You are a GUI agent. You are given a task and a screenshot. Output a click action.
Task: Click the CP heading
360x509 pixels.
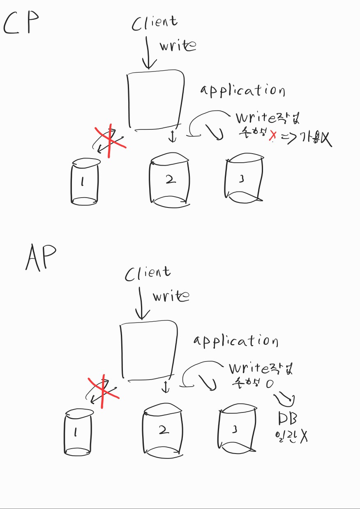[x=21, y=24]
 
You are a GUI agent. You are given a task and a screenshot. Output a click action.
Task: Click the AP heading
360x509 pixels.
[x=41, y=258]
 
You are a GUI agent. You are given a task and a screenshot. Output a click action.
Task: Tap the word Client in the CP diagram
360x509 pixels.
[x=155, y=23]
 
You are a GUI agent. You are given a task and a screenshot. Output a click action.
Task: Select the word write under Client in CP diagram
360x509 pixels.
[x=177, y=46]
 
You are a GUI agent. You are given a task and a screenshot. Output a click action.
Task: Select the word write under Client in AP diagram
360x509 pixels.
[x=171, y=296]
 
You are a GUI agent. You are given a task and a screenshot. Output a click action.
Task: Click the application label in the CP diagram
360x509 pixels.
[x=242, y=90]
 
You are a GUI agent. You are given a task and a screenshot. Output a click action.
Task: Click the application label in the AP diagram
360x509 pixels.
[x=236, y=341]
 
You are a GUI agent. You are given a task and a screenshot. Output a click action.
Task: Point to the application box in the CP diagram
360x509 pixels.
[x=155, y=100]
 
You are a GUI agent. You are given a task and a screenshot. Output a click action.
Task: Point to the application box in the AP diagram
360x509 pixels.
[x=149, y=350]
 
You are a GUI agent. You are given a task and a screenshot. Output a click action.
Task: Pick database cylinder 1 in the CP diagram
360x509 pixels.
[x=85, y=181]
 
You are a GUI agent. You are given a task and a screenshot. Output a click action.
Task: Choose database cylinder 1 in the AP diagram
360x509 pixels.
[x=78, y=431]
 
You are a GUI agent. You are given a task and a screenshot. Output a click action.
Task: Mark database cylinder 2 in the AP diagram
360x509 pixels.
[x=163, y=430]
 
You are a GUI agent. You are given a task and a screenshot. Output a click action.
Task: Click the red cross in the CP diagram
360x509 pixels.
[x=109, y=141]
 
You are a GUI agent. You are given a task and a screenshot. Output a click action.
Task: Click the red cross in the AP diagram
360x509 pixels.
[x=103, y=391]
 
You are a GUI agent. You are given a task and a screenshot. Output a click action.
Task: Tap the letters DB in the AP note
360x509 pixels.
[x=288, y=419]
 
